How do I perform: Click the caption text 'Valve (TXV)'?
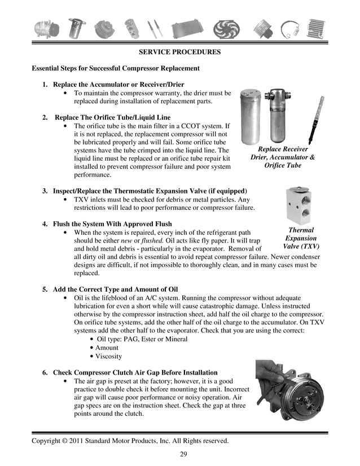pos(301,247)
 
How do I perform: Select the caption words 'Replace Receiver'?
pos(283,148)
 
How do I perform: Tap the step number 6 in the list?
pos(45,373)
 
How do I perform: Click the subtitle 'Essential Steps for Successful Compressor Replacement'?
pos(116,68)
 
